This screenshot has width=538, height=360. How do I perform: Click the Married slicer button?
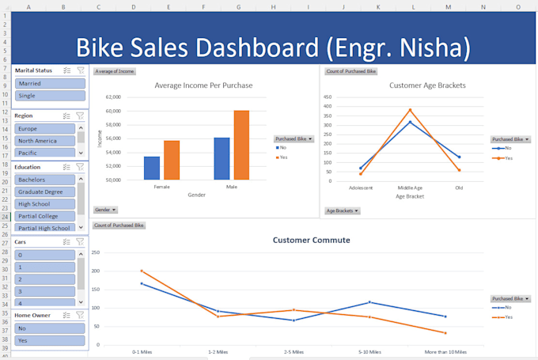(49, 83)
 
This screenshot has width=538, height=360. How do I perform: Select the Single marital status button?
(49, 96)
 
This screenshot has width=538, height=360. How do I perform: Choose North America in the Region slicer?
(45, 141)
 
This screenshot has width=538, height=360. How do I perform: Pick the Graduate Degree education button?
(45, 191)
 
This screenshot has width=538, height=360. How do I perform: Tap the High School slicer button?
(45, 204)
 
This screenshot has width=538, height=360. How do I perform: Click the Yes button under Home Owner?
(49, 340)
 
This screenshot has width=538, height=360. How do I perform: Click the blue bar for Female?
(152, 168)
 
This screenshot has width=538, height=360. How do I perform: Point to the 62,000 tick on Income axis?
(112, 97)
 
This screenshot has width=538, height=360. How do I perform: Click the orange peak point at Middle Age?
(410, 110)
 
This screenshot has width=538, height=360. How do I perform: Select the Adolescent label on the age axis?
(361, 188)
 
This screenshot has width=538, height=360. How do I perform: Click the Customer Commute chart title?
(311, 240)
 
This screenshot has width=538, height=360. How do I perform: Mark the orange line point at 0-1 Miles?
(142, 271)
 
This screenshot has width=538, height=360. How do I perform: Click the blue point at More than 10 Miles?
(445, 316)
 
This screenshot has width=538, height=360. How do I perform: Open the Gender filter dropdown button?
(106, 210)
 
